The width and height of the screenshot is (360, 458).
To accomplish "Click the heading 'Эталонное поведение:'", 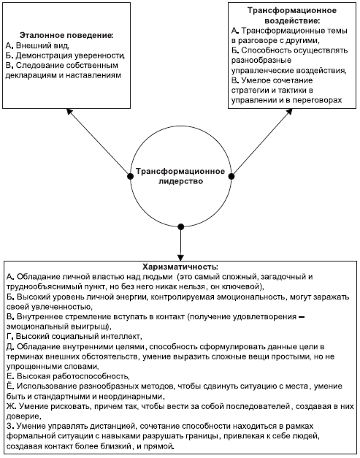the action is point(66,36).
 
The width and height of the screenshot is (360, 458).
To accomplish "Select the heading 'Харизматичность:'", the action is point(180,267).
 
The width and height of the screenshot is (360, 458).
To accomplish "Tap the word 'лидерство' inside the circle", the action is point(180,181).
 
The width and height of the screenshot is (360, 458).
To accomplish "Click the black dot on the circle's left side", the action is point(130,177).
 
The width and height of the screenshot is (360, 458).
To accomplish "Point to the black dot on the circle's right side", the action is point(231,177).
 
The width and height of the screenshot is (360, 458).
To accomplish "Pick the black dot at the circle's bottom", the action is point(180,226).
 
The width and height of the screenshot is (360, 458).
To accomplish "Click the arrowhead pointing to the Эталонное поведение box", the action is point(69,111).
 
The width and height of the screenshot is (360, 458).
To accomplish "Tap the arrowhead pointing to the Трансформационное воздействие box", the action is point(289,111).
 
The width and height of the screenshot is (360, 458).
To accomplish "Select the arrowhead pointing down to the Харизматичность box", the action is point(180,258).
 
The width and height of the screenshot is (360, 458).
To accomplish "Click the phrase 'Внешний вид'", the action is point(42,45).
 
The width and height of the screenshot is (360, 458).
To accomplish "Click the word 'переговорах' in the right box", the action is point(317,100).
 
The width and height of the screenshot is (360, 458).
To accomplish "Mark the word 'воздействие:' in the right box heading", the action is point(292,21).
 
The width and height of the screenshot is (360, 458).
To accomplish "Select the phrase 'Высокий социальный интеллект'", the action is point(79,337).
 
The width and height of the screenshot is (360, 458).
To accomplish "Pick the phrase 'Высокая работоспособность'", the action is point(73,376).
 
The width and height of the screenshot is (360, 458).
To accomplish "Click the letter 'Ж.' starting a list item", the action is point(11,406).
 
